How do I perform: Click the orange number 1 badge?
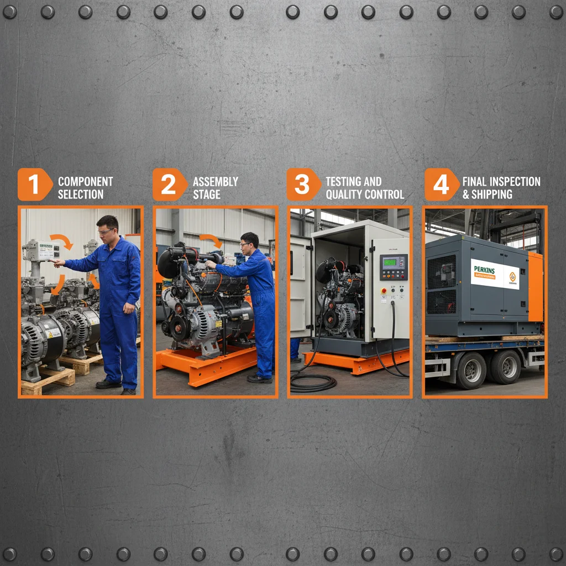(x=34, y=185)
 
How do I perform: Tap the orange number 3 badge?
(x=302, y=185)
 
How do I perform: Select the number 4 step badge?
(x=441, y=185)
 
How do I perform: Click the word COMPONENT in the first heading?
(x=85, y=181)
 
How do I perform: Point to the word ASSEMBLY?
(x=215, y=181)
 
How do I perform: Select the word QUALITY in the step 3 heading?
(x=347, y=195)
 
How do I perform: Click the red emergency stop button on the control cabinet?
(x=382, y=291)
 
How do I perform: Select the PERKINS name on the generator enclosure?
(x=486, y=269)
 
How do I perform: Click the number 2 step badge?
(x=168, y=185)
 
